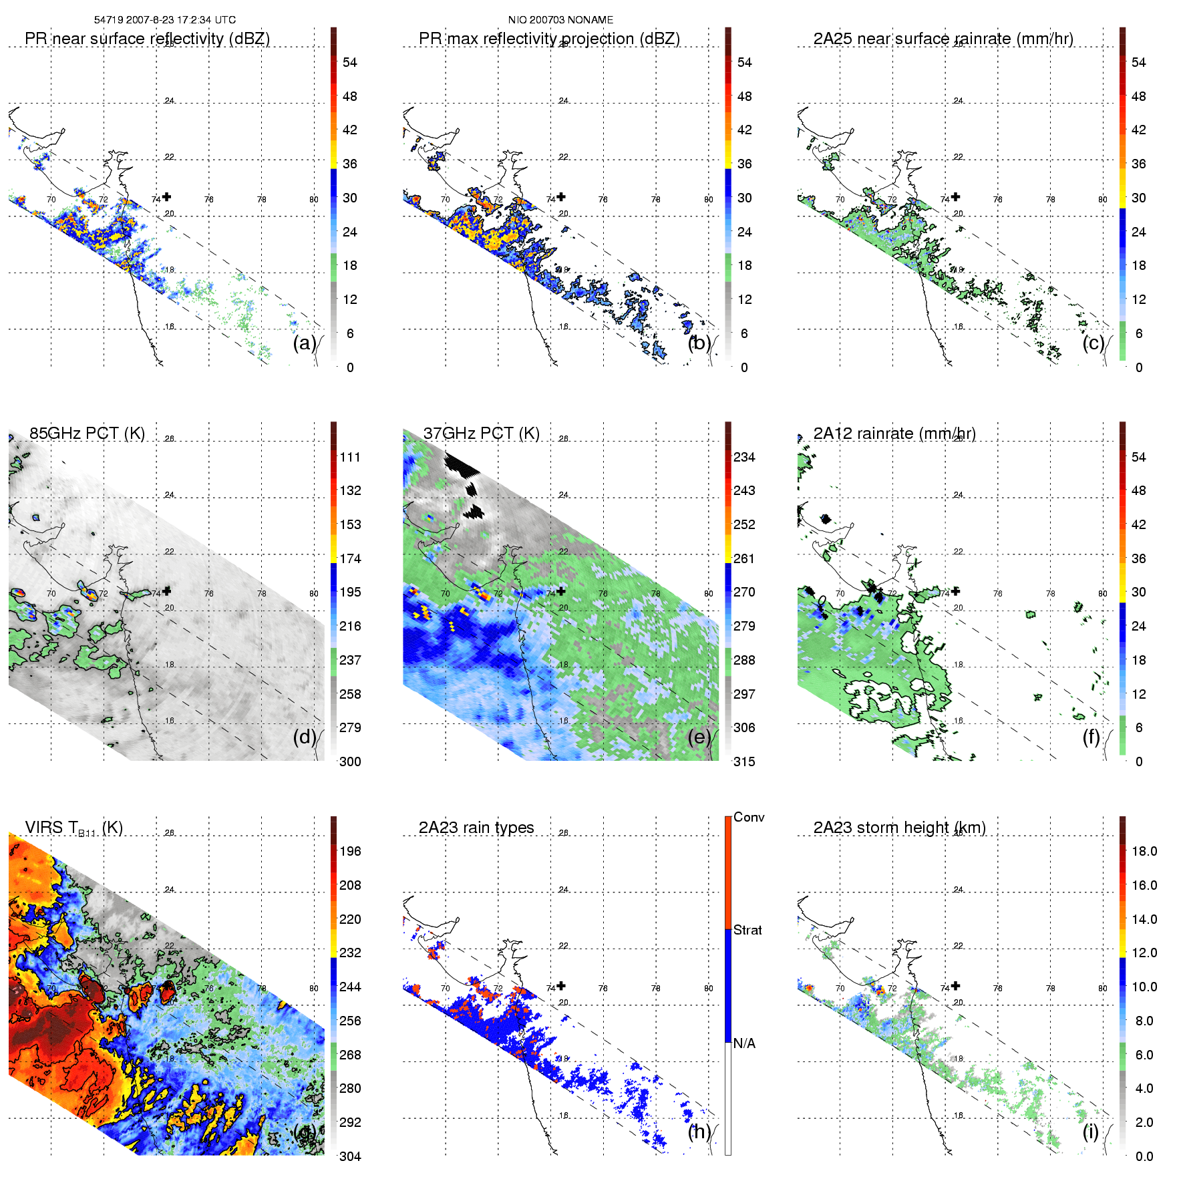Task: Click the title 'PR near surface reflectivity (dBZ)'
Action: click(147, 39)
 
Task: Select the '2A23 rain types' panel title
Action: click(476, 828)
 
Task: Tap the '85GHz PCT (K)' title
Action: click(87, 434)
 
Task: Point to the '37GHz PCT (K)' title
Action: click(481, 434)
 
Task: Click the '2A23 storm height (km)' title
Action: click(899, 828)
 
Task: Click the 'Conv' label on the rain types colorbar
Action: click(749, 817)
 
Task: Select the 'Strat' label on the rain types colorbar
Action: click(747, 930)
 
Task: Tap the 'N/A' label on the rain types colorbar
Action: click(744, 1043)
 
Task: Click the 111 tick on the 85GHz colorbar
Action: click(350, 457)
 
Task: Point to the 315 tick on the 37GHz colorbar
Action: click(744, 762)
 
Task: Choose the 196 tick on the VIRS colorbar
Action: click(350, 851)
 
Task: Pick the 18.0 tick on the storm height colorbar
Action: click(1144, 851)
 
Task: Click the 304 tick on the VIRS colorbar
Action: click(350, 1156)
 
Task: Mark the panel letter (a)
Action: click(305, 343)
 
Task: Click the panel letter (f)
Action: click(1091, 737)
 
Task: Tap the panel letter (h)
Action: click(699, 1131)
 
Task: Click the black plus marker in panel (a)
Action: click(166, 196)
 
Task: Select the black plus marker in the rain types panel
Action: click(561, 985)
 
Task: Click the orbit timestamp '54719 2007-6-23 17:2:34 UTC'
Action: click(165, 20)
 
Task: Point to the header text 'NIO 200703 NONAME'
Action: click(560, 20)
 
